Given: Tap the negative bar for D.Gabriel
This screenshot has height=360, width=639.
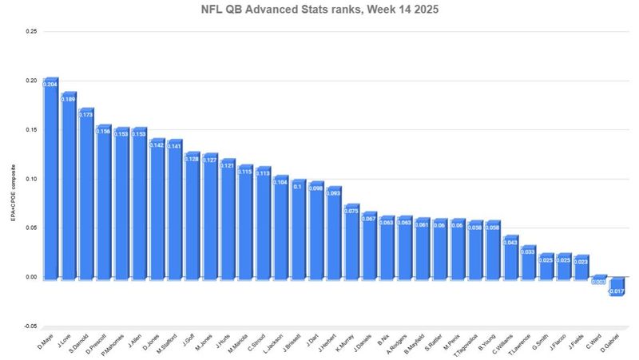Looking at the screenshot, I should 617,286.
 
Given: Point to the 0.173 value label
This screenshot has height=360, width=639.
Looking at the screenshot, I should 86,116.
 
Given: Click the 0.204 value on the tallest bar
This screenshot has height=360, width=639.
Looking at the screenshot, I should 50,83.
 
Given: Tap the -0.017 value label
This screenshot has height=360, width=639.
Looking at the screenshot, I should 617,291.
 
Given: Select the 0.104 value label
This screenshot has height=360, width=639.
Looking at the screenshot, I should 280,182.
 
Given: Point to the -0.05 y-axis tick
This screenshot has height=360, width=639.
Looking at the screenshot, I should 30,326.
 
